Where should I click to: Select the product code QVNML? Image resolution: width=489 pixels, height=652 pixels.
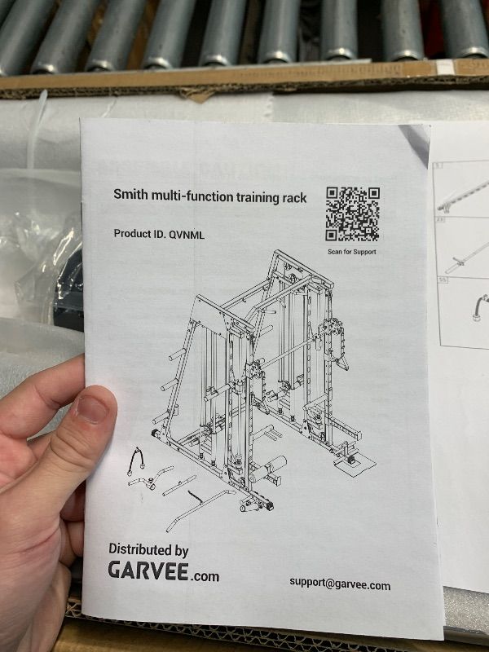pos(187,235)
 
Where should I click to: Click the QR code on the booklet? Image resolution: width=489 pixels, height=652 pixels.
pos(353,214)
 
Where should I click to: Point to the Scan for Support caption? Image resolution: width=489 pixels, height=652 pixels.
pos(352,252)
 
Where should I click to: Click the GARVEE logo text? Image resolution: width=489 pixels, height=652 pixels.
pos(148,570)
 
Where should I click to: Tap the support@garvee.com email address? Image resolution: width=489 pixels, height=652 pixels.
pos(340,584)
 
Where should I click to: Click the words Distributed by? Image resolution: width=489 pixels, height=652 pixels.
pos(148,550)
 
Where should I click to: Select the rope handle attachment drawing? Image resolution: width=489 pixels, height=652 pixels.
pos(135,461)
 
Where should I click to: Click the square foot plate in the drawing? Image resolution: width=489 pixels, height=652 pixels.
pos(355,465)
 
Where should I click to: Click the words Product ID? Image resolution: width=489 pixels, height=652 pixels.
pos(139,234)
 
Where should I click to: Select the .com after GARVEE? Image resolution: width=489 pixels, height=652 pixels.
pos(205,576)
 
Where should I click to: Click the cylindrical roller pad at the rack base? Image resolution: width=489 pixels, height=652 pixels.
pos(269,468)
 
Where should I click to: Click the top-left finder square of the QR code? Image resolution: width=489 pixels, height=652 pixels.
pos(333,193)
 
